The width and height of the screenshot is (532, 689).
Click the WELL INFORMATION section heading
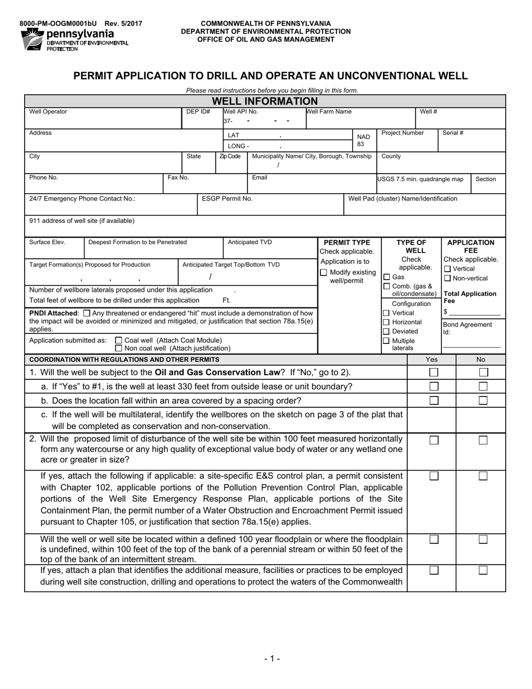click(265, 101)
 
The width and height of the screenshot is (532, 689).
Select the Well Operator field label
click(48, 111)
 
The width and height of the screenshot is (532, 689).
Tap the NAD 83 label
click(363, 141)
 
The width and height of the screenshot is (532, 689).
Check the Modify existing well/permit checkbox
click(324, 272)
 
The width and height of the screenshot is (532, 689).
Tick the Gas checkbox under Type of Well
click(386, 277)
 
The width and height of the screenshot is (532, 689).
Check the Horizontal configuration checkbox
click(386, 322)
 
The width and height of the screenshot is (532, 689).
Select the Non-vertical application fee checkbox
click(447, 278)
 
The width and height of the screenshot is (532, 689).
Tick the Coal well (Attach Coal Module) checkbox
click(118, 340)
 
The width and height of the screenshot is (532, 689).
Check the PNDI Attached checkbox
click(86, 313)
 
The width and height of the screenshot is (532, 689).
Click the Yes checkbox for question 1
click(433, 372)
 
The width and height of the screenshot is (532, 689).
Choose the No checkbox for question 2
click(483, 440)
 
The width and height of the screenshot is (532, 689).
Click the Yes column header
click(432, 360)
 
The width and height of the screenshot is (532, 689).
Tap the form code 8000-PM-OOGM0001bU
click(58, 24)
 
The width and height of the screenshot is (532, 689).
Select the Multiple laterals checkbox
click(386, 341)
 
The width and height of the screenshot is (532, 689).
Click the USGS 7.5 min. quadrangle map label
click(421, 179)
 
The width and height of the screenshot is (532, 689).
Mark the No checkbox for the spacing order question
click(483, 401)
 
